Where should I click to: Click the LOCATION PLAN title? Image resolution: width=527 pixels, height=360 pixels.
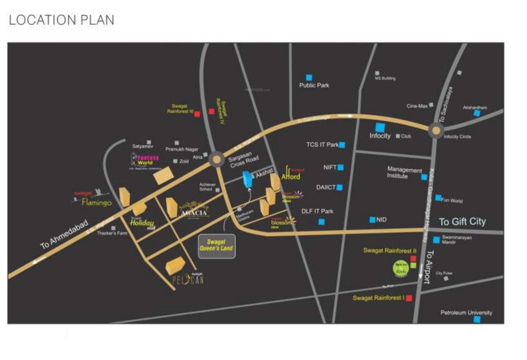point(61,20)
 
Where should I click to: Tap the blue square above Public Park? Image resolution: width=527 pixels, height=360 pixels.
point(309,77)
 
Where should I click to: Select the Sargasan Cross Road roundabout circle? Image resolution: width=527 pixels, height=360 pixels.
point(216,159)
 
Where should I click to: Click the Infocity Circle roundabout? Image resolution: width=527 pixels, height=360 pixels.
point(436,131)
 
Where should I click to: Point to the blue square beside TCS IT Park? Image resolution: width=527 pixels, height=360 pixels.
point(342,145)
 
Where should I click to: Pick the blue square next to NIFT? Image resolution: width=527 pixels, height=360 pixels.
point(341,167)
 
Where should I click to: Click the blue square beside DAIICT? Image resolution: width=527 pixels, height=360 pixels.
point(340,187)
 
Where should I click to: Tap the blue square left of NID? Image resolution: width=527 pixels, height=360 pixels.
point(372,219)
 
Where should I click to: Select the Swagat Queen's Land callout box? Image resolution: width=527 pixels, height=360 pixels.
point(216,245)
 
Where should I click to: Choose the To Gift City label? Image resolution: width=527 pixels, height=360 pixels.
point(462,222)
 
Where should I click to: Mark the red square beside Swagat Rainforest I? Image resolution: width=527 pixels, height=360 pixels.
point(409,298)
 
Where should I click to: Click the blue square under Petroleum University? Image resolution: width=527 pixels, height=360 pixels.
point(477,320)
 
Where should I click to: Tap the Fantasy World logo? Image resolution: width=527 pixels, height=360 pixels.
point(145,161)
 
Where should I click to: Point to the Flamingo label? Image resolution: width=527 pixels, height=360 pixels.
point(96,202)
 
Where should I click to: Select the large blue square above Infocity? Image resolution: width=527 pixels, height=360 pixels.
point(380,127)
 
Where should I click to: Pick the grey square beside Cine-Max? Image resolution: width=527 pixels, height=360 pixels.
point(431,105)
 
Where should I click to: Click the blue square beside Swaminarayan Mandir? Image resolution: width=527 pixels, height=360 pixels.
point(436,240)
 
